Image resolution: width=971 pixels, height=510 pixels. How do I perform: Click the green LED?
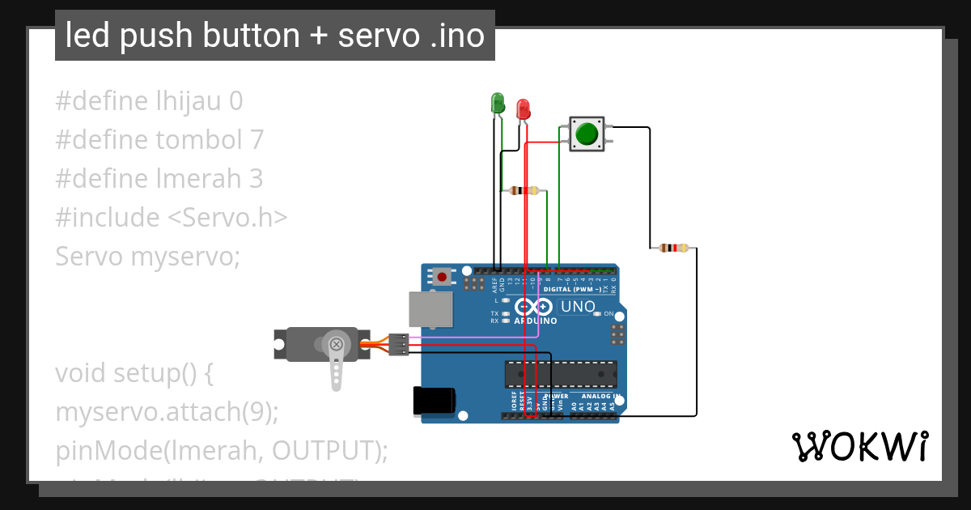tap(498, 103)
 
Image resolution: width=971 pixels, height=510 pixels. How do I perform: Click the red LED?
tap(523, 109)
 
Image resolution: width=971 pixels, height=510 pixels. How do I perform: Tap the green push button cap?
tap(587, 134)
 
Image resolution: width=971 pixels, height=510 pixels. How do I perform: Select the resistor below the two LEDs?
tap(524, 191)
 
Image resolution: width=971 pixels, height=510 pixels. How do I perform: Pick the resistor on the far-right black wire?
tap(673, 248)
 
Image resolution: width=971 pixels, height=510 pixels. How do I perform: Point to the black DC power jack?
tap(434, 402)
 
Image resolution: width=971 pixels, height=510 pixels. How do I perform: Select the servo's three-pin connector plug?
tap(397, 344)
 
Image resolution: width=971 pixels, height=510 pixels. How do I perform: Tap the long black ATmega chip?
tap(561, 374)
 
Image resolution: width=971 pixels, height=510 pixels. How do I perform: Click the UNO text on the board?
tap(578, 308)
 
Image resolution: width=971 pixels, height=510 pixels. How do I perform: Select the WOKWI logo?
tap(859, 446)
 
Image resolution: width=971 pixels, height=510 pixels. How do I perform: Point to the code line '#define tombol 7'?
tap(159, 139)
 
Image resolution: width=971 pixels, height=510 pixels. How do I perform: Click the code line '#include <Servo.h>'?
tap(172, 217)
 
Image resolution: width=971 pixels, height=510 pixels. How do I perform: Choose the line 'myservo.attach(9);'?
tap(167, 411)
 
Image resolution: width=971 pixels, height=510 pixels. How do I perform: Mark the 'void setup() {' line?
tap(134, 373)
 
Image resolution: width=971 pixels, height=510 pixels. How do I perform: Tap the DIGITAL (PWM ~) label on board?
tap(572, 289)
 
